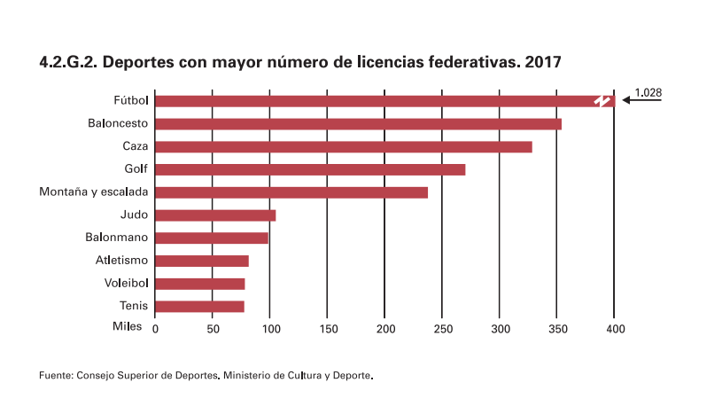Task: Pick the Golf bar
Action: click(x=310, y=169)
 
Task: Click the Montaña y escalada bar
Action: click(x=291, y=192)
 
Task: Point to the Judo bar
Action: click(x=215, y=215)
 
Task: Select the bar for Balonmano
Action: click(x=212, y=238)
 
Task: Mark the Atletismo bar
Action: click(x=202, y=261)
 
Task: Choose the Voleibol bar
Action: click(x=200, y=284)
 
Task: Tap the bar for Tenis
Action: click(x=199, y=307)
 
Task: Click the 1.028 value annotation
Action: click(x=648, y=91)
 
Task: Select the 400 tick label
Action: click(x=615, y=329)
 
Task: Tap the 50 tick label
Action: click(x=213, y=329)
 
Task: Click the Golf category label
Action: click(x=136, y=168)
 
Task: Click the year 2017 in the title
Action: click(x=542, y=63)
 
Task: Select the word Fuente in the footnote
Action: click(x=55, y=376)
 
